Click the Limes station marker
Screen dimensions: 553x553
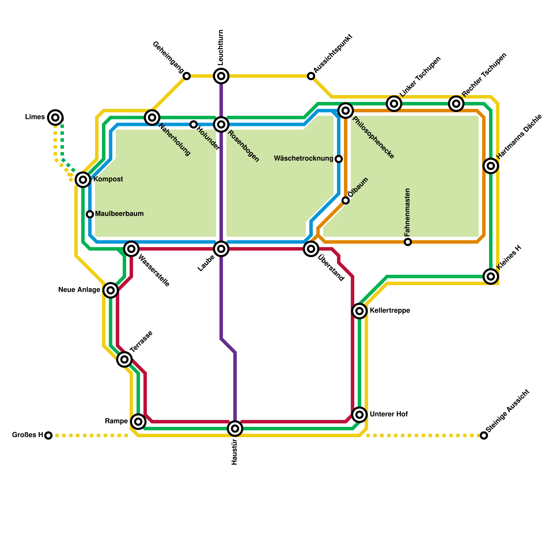click(55, 118)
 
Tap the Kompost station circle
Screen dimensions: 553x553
click(83, 179)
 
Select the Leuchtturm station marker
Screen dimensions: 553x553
click(221, 76)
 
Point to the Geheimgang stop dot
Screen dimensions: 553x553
click(187, 76)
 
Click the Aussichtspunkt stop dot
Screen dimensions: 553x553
click(311, 76)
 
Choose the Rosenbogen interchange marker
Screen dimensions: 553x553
click(221, 124)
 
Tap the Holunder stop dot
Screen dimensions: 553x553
click(194, 124)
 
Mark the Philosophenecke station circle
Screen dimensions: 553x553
click(346, 111)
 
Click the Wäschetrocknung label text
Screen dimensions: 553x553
click(303, 159)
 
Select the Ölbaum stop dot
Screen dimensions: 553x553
click(346, 200)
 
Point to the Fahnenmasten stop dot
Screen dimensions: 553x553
click(408, 242)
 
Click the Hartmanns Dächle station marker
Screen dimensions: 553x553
click(491, 166)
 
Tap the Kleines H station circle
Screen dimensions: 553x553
click(491, 276)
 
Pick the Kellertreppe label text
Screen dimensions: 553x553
click(390, 311)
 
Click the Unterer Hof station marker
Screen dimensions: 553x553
click(359, 414)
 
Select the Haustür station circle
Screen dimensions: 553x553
click(235, 429)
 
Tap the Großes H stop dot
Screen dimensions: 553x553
click(49, 435)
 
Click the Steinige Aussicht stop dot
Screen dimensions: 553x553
click(484, 435)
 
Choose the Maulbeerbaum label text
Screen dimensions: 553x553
click(119, 214)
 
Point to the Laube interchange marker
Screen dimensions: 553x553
click(221, 249)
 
